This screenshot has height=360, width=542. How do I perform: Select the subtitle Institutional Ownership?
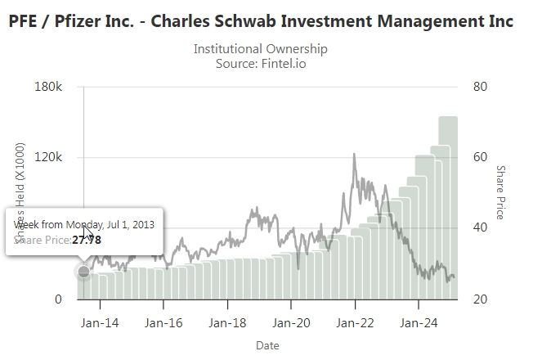[x=260, y=49]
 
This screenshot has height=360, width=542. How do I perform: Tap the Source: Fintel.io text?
[x=260, y=63]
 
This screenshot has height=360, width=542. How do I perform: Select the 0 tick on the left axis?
[x=58, y=299]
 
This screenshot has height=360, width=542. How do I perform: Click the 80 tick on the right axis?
[x=481, y=87]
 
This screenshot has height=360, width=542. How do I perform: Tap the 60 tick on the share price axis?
[x=481, y=157]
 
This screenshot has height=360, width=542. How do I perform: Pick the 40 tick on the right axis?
[x=481, y=228]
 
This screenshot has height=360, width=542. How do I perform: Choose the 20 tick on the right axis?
[x=481, y=299]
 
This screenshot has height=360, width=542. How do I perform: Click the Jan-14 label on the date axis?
[x=100, y=323]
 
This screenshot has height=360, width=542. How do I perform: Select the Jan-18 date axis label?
[x=227, y=323]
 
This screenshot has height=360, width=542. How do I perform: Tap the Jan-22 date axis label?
[x=355, y=323]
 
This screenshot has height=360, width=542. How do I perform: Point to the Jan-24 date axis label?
[x=418, y=323]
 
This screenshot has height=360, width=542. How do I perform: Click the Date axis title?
[x=267, y=345]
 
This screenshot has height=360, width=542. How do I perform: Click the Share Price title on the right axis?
[x=500, y=192]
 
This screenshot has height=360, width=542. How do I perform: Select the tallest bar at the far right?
[x=448, y=205]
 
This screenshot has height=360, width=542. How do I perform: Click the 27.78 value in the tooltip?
[x=87, y=240]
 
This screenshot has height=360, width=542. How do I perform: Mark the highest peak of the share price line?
[x=354, y=154]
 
